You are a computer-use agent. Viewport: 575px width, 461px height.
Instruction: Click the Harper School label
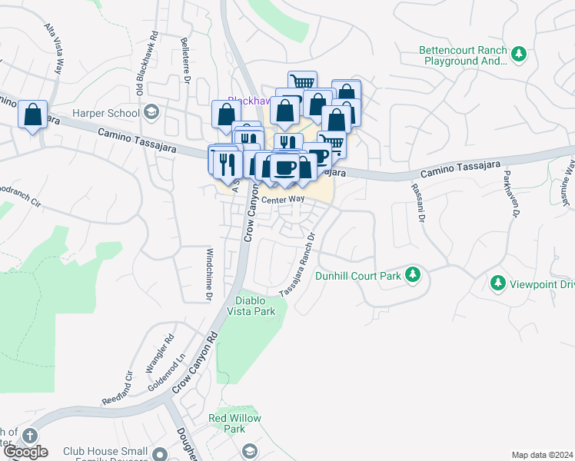point(106,113)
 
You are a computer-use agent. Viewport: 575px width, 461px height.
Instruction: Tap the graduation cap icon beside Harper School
point(151,113)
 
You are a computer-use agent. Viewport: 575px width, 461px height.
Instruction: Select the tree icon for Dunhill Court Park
point(413,274)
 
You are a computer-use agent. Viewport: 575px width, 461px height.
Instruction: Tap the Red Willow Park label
point(234,423)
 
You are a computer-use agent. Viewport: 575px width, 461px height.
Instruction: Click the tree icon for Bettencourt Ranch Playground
point(520,54)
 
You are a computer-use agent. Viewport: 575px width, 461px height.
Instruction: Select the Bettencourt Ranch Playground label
point(463,54)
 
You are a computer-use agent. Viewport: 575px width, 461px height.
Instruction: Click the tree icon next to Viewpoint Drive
point(498,284)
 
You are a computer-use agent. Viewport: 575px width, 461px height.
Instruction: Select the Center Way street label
point(283,200)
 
